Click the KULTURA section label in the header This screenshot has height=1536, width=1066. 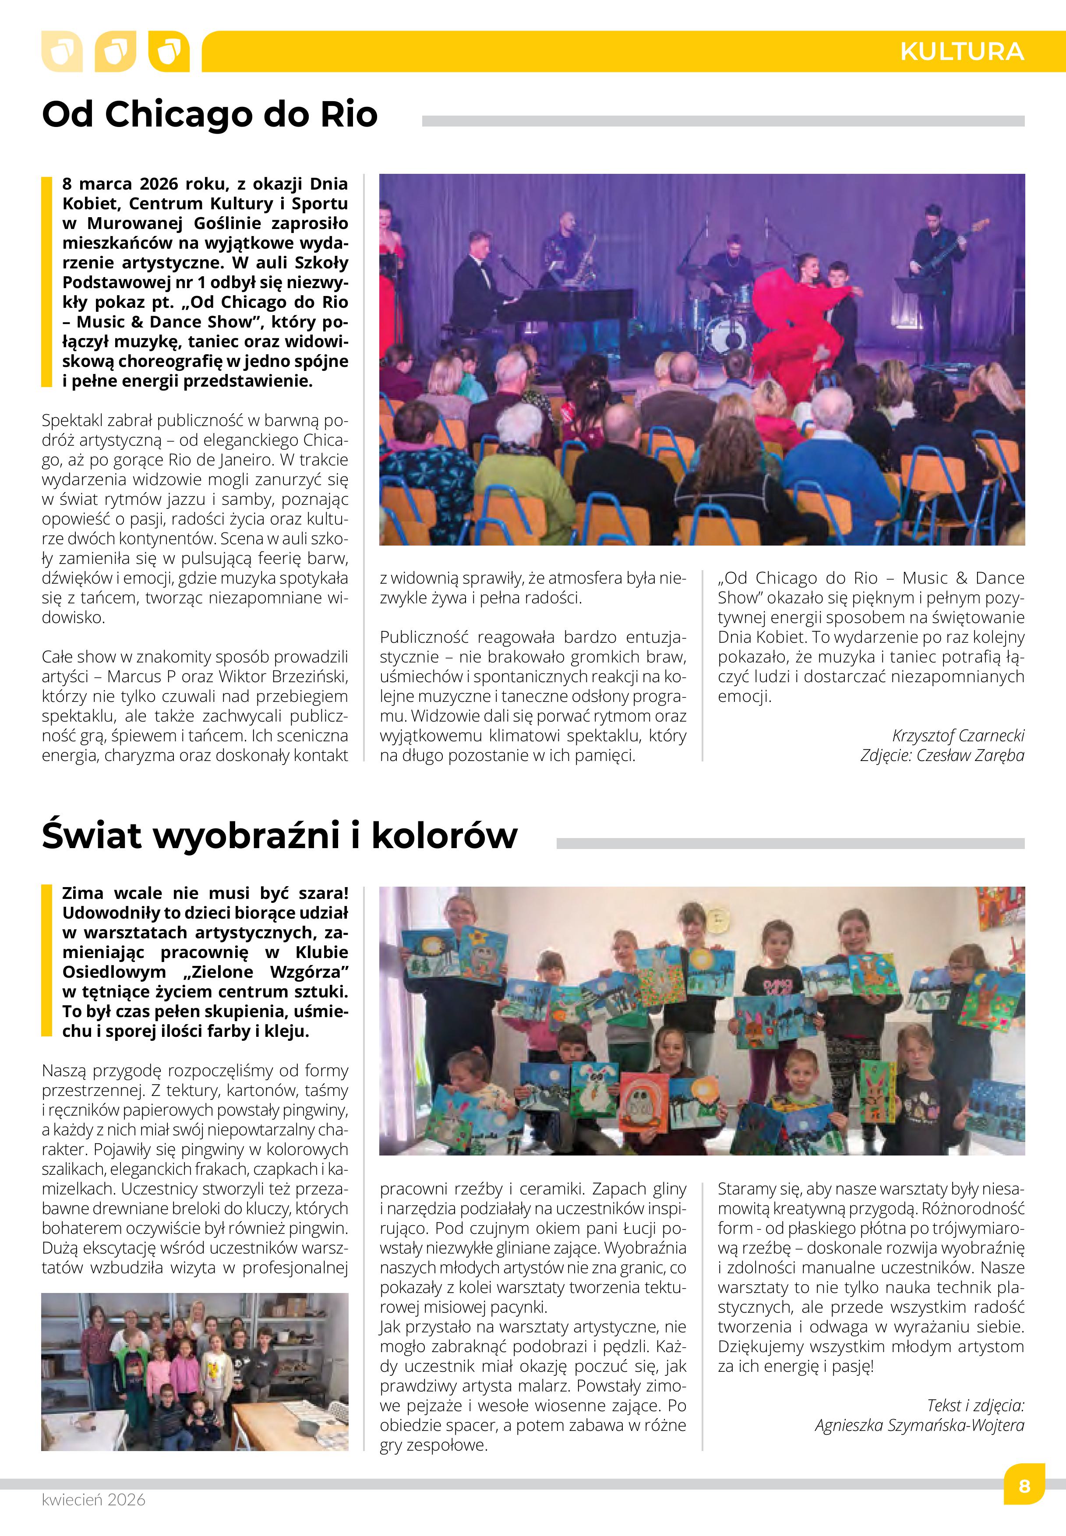coord(961,51)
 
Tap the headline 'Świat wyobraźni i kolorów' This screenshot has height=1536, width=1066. coord(279,835)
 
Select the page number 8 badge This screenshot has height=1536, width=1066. coord(1024,1486)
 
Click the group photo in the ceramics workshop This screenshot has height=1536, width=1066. coord(194,1372)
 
